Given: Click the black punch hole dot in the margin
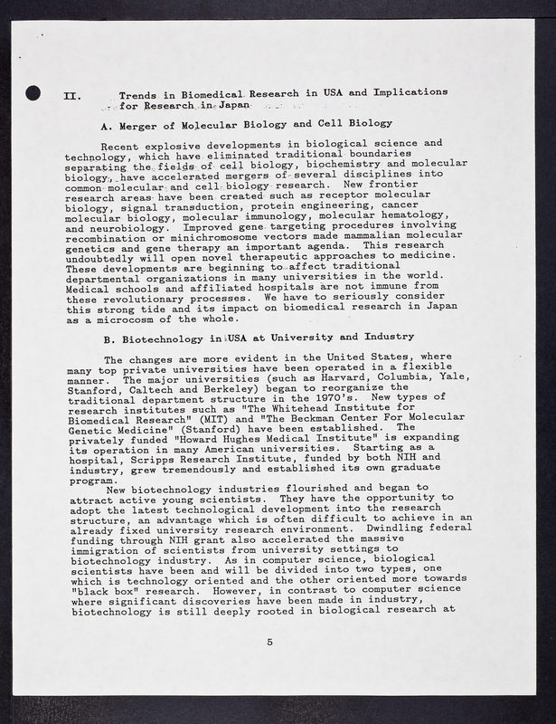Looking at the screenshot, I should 33,91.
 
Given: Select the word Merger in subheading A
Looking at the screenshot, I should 145,123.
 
